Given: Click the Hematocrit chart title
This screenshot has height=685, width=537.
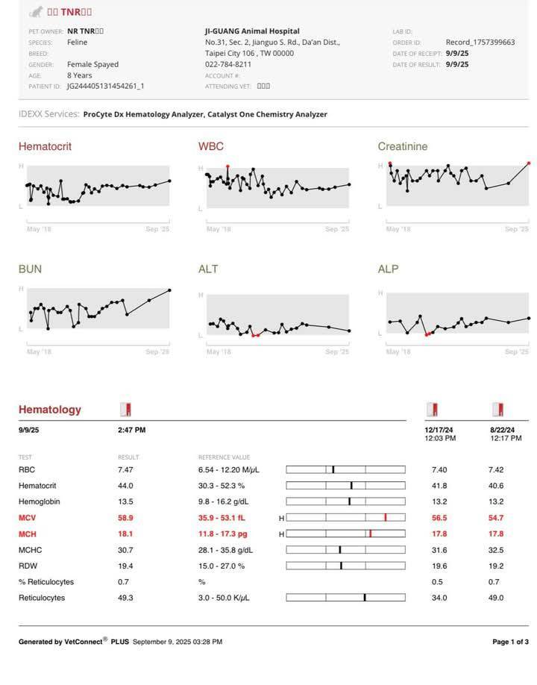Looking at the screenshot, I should click(45, 146).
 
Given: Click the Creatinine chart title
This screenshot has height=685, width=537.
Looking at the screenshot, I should click(403, 146).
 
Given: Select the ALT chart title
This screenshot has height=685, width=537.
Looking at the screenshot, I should click(208, 269).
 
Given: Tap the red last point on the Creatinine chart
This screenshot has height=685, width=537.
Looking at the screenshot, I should click(529, 163).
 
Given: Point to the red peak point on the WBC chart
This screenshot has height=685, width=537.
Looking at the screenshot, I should click(227, 166).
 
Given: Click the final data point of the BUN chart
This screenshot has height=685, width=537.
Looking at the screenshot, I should click(169, 290).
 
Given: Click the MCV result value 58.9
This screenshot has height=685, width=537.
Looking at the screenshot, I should click(125, 518).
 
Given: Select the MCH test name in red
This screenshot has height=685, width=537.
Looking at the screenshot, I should click(28, 534).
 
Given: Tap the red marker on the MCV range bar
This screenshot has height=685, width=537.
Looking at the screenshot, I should click(385, 517).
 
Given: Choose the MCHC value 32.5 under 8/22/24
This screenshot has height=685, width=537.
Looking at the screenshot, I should click(496, 550).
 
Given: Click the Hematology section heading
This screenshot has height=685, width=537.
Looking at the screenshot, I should click(49, 410).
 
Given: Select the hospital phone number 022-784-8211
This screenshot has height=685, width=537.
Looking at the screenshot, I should click(227, 64).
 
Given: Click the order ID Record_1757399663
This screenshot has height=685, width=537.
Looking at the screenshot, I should click(480, 43).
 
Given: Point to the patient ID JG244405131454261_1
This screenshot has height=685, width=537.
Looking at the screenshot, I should click(105, 86).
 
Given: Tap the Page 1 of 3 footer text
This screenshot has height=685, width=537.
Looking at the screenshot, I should click(510, 642).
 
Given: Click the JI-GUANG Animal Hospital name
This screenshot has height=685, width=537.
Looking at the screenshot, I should click(252, 31).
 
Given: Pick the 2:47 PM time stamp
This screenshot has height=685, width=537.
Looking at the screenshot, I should click(131, 430).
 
